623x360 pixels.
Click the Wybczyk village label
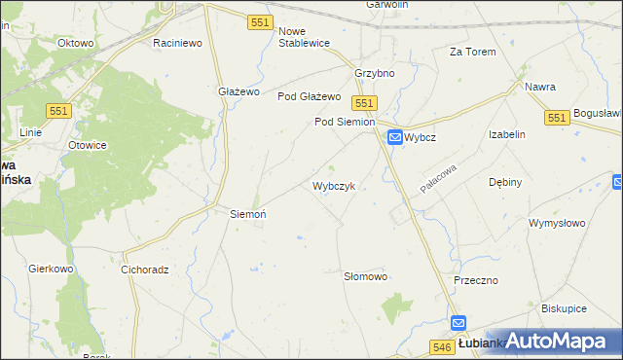[x=338, y=185]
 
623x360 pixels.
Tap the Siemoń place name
[x=247, y=213]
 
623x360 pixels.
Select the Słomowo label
[x=366, y=276]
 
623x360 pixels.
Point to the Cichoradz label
[x=146, y=269]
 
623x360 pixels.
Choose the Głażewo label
[x=238, y=91]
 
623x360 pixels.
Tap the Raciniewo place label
[x=177, y=44]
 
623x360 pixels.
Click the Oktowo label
[x=75, y=44]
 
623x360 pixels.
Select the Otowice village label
[x=87, y=145]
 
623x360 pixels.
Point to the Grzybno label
[x=375, y=73]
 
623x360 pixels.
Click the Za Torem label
[x=472, y=52]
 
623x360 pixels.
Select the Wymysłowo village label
[x=556, y=223]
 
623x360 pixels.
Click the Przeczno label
[x=476, y=279]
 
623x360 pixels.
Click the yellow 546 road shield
[x=441, y=345]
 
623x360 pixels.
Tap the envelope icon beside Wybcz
[x=395, y=138]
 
